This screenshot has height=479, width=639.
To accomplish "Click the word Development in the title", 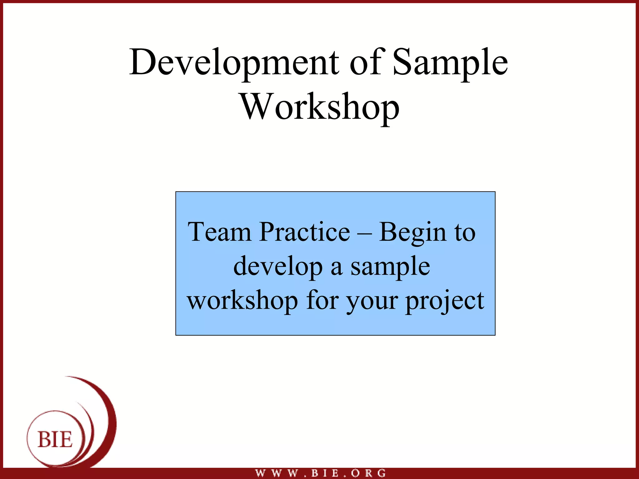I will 234,62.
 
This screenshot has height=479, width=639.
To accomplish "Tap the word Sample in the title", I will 450,62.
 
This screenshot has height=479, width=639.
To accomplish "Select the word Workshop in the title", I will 320,107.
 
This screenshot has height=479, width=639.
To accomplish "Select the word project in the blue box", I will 445,301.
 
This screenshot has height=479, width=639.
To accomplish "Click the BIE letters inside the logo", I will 55,440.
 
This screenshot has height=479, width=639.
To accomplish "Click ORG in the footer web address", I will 368,473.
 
